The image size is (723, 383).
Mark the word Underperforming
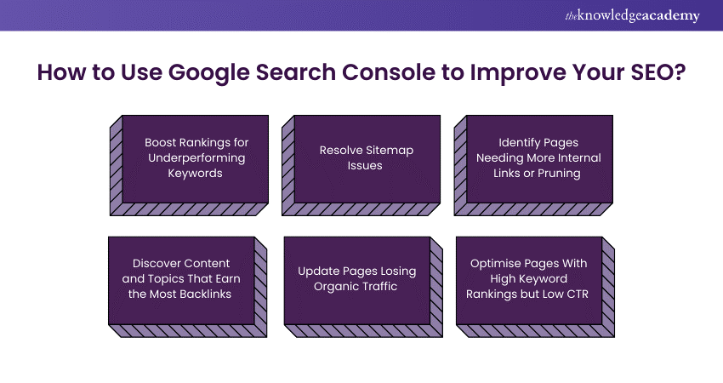197,157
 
